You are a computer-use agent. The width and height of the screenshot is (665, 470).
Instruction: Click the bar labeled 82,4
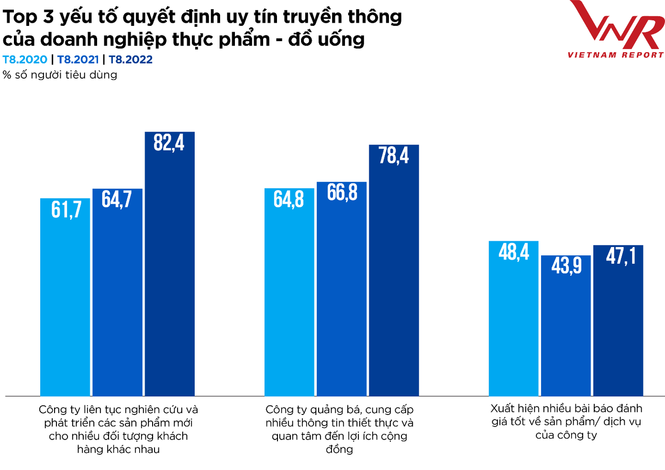click(x=170, y=263)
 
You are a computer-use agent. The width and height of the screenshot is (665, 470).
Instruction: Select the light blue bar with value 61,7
click(x=65, y=297)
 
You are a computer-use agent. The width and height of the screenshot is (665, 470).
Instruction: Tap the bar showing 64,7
click(x=117, y=292)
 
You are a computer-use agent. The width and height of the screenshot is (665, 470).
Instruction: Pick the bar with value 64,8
click(x=289, y=292)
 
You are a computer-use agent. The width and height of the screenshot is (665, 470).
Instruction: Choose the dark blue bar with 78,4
click(x=394, y=270)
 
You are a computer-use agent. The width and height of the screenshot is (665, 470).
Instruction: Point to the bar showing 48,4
click(x=513, y=318)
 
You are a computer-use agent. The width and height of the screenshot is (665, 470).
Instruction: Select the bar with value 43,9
click(x=566, y=325)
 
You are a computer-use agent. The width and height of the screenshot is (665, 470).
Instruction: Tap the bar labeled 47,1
click(x=618, y=321)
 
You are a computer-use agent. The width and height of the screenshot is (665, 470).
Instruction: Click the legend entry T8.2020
click(x=25, y=60)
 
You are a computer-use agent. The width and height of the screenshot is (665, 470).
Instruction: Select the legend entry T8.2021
click(x=78, y=60)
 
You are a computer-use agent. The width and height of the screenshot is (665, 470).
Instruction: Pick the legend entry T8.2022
click(x=131, y=60)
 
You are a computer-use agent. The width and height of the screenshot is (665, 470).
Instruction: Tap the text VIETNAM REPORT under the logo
click(x=616, y=55)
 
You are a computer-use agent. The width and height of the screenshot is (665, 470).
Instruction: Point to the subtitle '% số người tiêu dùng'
click(x=60, y=75)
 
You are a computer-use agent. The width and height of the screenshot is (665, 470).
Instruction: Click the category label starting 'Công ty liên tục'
click(x=118, y=429)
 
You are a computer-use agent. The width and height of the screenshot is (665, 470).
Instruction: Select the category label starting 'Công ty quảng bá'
click(x=339, y=429)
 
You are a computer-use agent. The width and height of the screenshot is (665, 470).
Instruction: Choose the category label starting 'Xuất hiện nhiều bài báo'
click(x=566, y=422)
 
